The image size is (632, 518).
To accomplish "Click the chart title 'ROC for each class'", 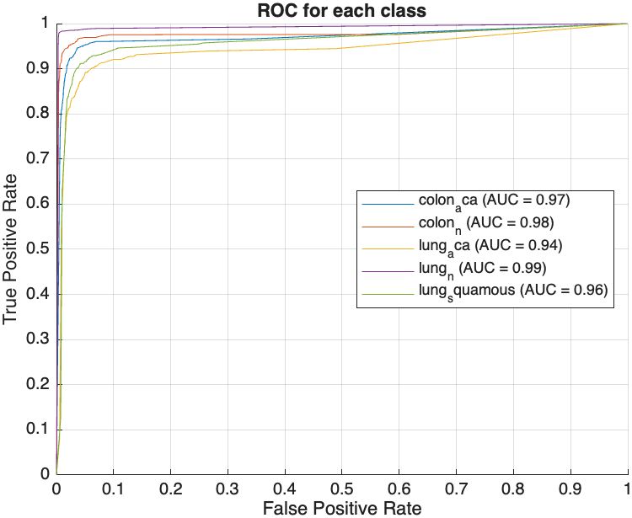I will [x=342, y=11].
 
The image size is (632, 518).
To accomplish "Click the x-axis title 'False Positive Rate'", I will [x=342, y=508].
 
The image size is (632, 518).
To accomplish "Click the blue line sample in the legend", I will [x=387, y=203].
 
